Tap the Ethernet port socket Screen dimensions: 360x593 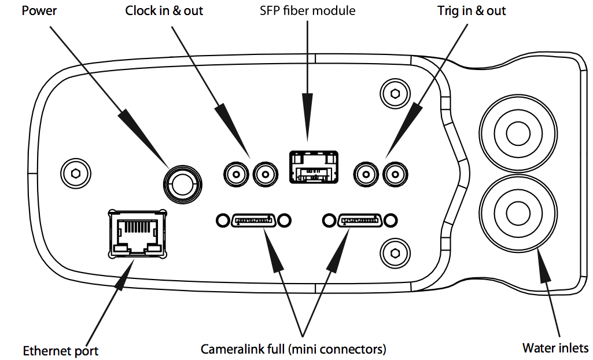point(137,234)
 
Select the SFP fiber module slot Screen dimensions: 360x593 point(313,168)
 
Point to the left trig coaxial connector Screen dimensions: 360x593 point(366,172)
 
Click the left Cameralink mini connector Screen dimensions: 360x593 point(254,220)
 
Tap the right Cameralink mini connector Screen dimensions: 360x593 point(360,220)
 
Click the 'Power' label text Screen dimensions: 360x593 point(39,11)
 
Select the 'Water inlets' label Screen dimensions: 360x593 point(555,348)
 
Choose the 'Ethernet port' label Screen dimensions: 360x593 point(61,351)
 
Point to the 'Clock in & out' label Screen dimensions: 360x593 point(164,11)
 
